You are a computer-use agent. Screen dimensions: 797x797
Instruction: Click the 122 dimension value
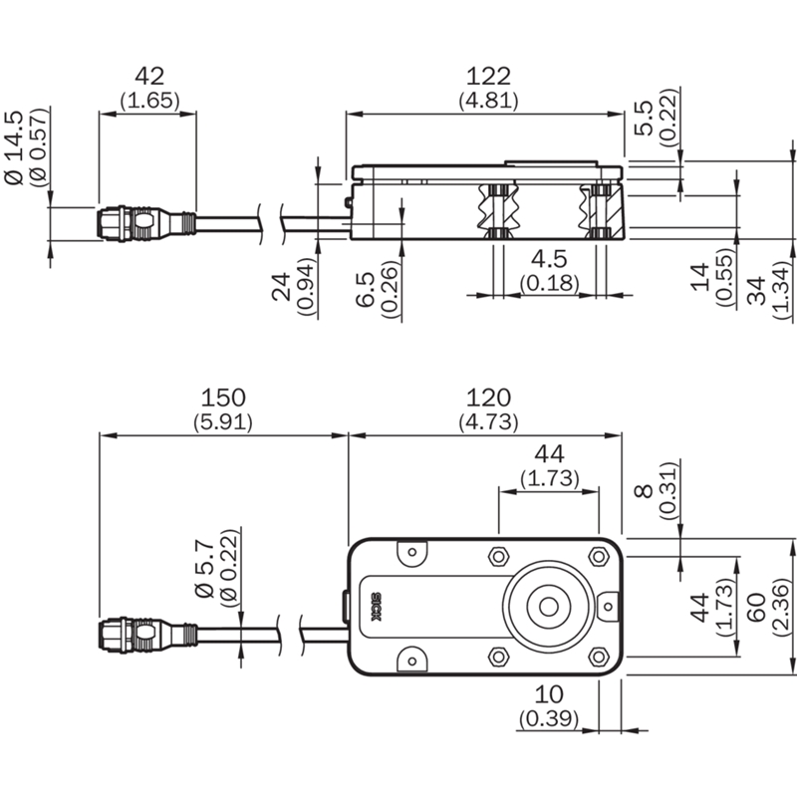coord(488,77)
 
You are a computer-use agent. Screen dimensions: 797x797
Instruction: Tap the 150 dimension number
coord(222,398)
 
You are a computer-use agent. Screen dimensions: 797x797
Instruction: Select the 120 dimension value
coord(488,398)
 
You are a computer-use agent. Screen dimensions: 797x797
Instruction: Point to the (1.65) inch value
coord(150,101)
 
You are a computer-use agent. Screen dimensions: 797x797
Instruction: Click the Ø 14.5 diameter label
coord(14,147)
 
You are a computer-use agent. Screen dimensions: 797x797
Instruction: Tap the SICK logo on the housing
coord(377,607)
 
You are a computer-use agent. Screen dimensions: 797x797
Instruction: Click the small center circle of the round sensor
coord(549,607)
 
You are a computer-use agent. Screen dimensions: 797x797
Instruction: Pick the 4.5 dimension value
coord(549,259)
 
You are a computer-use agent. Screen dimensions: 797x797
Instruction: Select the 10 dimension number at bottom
coord(549,694)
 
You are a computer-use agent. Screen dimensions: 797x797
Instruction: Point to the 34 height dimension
coord(757,290)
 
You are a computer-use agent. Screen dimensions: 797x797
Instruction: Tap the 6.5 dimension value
coord(365,290)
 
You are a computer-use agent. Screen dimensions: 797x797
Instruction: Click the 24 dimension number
coord(281,287)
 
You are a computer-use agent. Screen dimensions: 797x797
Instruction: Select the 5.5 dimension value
coord(643,118)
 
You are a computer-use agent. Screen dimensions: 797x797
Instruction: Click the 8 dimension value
coord(643,491)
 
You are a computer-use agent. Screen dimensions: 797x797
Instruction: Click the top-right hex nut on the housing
coord(599,556)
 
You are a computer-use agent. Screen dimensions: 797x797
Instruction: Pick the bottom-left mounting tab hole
coord(412,662)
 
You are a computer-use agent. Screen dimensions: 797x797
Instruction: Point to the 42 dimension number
coord(149,77)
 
